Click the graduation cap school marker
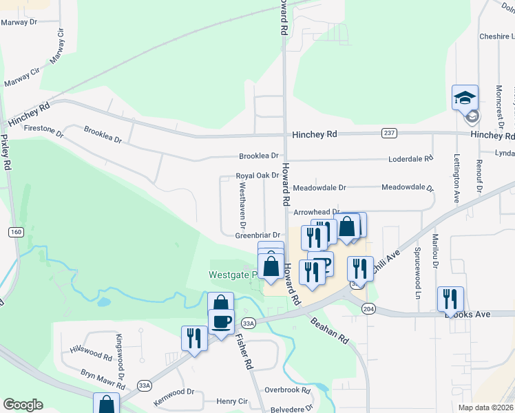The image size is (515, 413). click(465, 96)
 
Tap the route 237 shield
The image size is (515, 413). click(388, 133)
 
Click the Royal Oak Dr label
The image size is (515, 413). click(257, 176)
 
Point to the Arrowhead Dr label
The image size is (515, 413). click(317, 212)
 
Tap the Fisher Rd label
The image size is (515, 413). click(244, 352)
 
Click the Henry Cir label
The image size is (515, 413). click(232, 401)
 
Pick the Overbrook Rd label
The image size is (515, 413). click(288, 389)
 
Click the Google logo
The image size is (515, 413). click(23, 405)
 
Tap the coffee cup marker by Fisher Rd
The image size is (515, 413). click(221, 321)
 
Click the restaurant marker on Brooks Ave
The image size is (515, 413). click(450, 299)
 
